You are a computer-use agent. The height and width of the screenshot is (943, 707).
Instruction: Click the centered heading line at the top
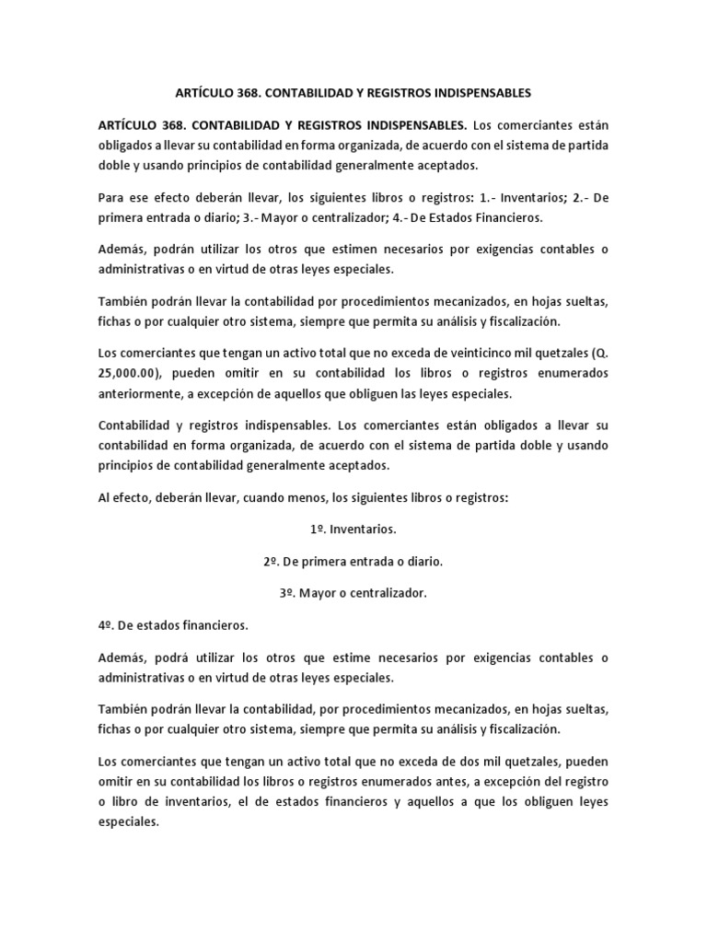(x=353, y=93)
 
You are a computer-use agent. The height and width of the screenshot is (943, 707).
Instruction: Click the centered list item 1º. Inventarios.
(x=353, y=530)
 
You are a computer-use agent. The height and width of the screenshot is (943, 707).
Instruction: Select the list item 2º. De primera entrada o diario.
(x=353, y=562)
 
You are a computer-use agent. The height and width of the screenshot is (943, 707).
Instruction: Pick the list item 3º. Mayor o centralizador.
(x=353, y=593)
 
